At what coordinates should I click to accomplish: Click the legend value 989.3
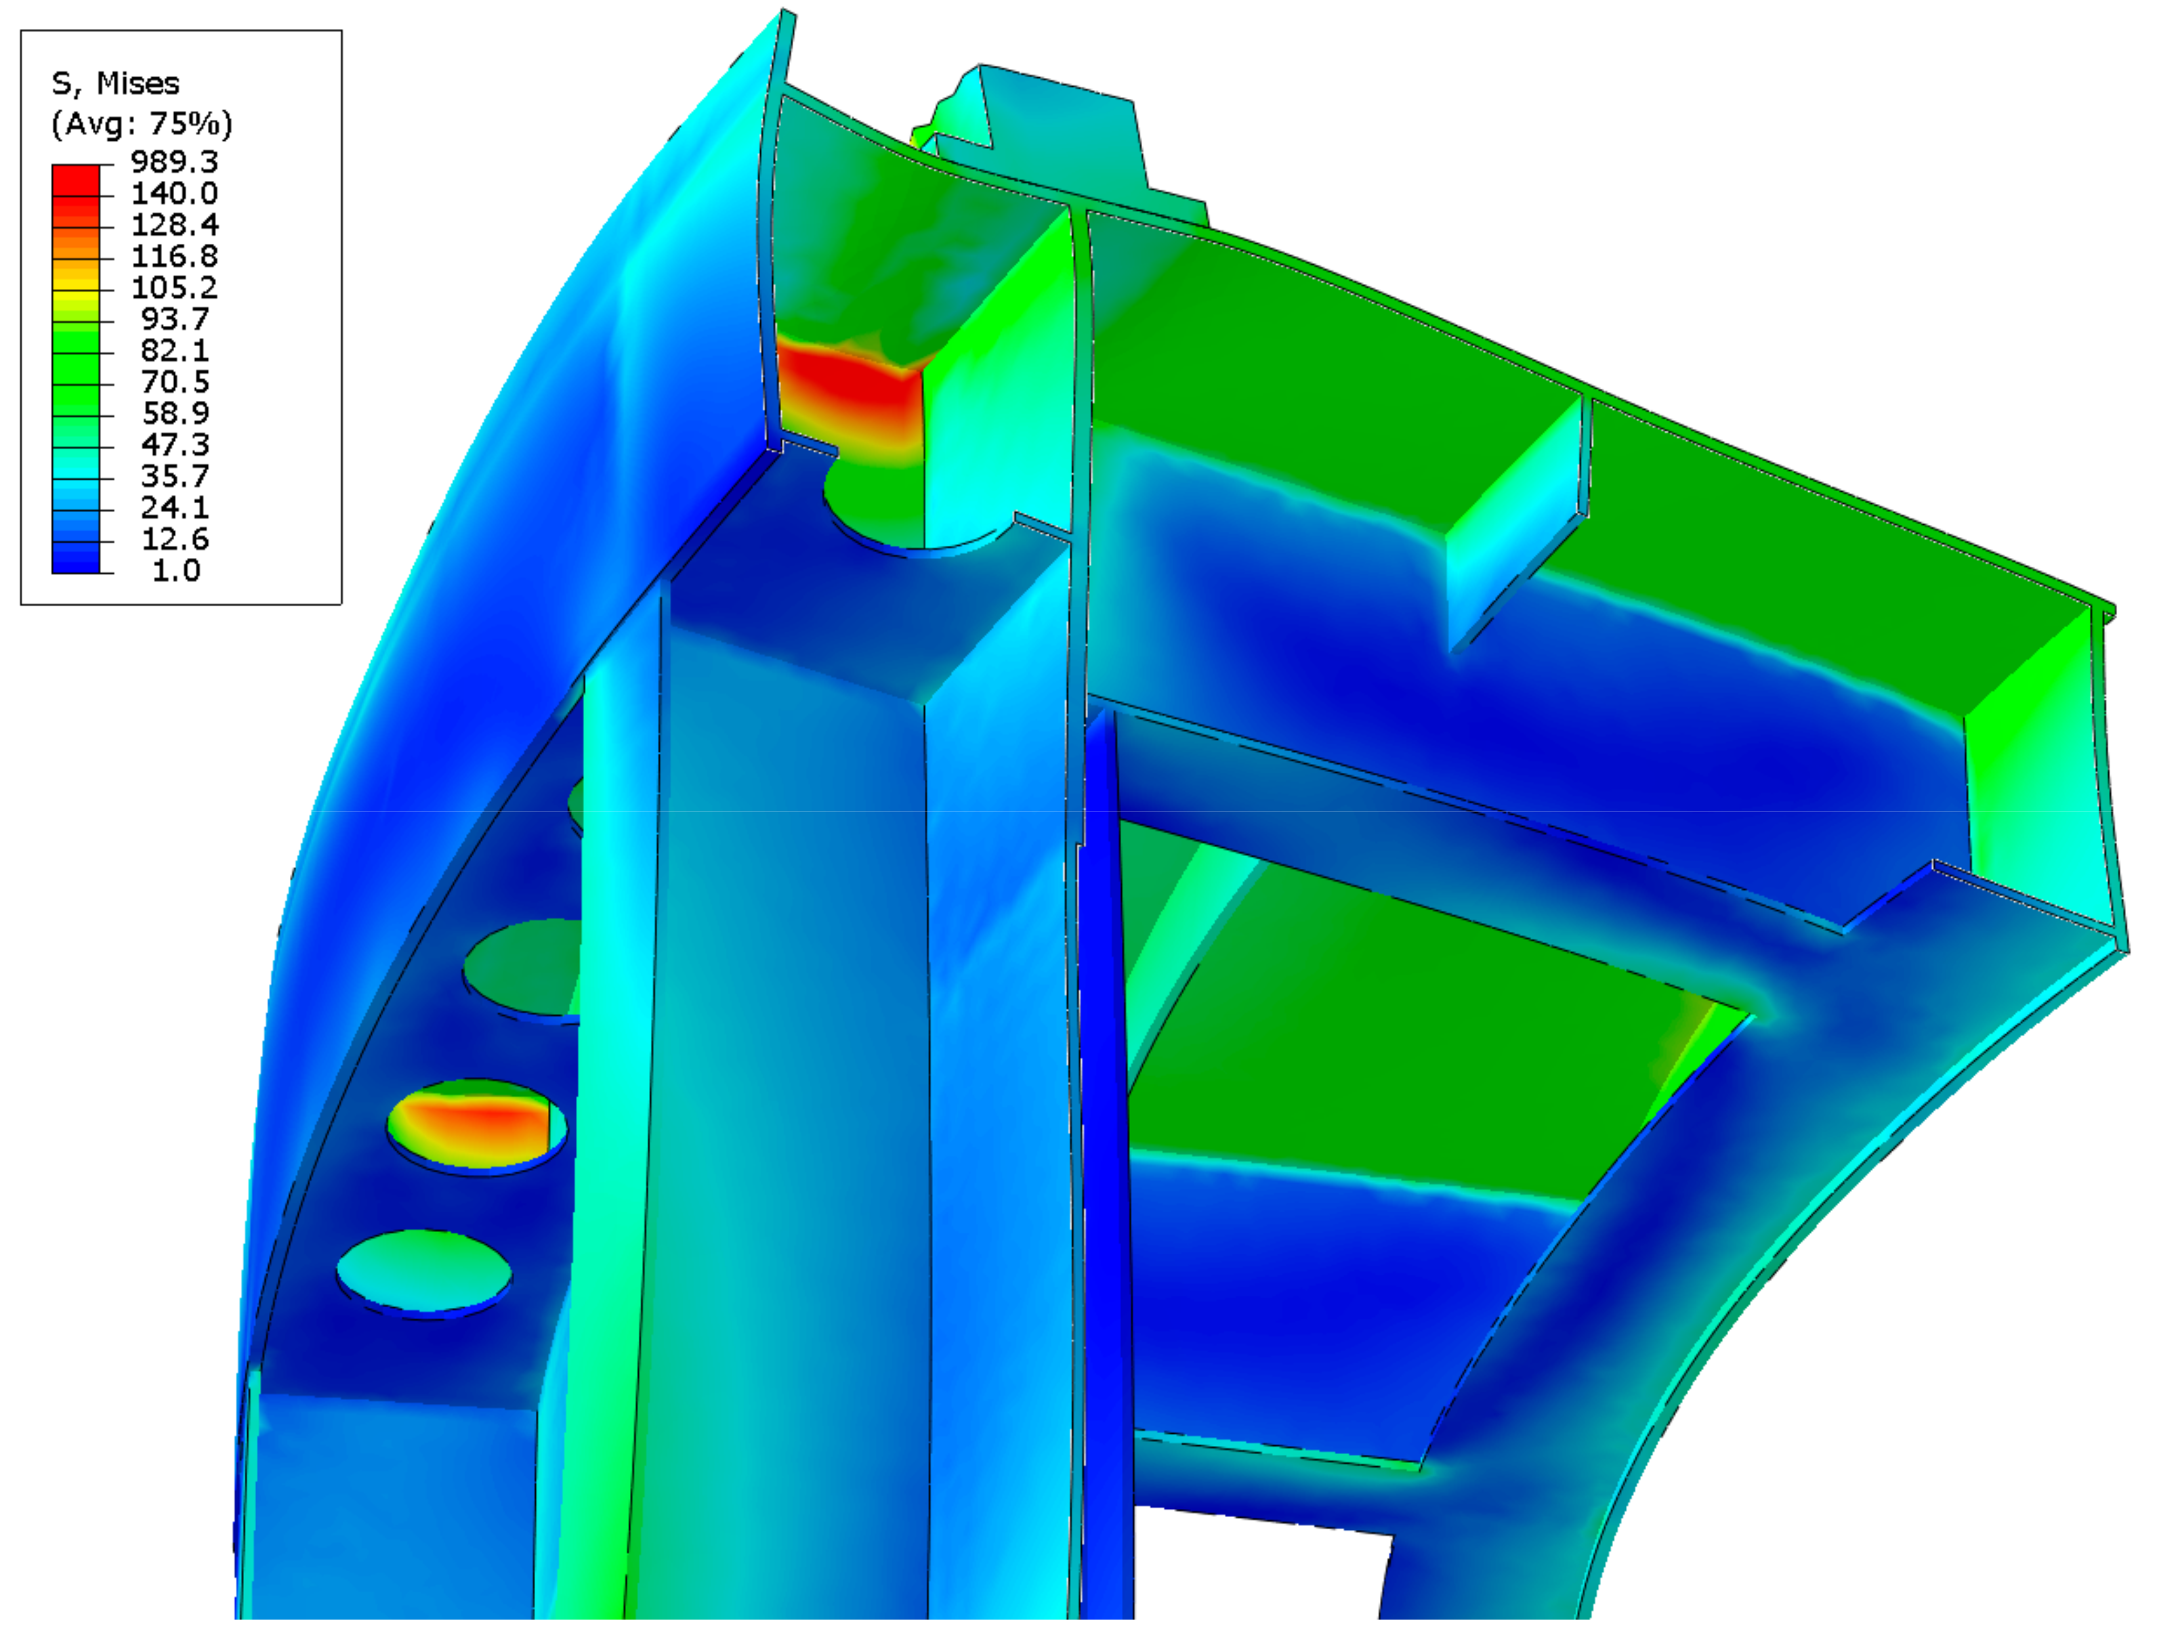175,162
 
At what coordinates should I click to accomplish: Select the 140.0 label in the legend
175,193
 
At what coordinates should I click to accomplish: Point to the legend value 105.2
175,288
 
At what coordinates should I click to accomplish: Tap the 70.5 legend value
175,381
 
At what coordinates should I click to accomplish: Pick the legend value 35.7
175,476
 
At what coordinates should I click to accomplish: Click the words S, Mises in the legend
115,85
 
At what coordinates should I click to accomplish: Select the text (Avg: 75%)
142,124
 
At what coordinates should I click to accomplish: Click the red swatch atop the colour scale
75,179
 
